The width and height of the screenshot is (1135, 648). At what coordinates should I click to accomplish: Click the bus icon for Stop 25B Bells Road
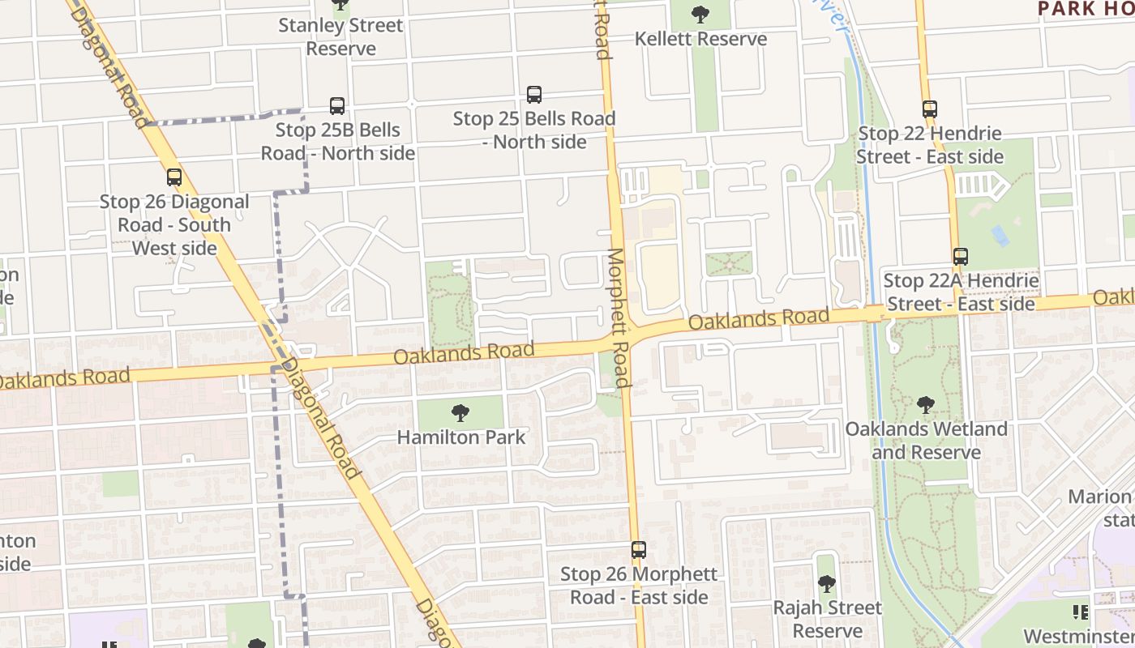tap(337, 106)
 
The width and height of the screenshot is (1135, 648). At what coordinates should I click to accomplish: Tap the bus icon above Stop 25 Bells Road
tap(534, 95)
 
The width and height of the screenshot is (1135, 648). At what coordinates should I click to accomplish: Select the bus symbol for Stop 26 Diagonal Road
tap(174, 177)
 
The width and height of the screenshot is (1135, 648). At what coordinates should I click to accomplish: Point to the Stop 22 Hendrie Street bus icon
tap(930, 109)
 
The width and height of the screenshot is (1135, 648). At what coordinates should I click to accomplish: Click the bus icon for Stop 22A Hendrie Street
tap(961, 257)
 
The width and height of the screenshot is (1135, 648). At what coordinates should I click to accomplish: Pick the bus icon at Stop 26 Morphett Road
tap(639, 550)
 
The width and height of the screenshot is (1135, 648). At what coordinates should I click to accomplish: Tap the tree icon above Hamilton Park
tap(460, 413)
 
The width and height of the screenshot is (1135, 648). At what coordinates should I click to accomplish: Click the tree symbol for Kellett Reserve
tap(700, 15)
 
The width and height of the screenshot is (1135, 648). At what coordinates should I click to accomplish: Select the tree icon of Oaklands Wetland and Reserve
tap(926, 405)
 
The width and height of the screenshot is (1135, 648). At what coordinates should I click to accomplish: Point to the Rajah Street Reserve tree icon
tap(826, 583)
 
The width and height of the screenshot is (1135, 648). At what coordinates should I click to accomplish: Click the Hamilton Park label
tap(460, 437)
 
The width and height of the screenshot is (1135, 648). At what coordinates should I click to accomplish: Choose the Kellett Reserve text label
tap(700, 39)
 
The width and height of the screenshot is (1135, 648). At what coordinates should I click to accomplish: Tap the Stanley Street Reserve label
tap(340, 36)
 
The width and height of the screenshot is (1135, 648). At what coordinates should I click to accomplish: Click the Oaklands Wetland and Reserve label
tap(926, 440)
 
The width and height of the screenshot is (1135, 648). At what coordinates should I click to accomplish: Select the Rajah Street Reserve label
tap(827, 619)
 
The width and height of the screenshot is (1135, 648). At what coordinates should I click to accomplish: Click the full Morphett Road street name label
tap(617, 318)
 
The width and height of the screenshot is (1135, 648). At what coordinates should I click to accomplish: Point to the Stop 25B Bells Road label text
tap(337, 141)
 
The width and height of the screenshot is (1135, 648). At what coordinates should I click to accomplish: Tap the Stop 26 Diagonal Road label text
tap(174, 224)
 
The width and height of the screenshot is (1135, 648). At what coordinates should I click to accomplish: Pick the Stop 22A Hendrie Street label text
tap(961, 292)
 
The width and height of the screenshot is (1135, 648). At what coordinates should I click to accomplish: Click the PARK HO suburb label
tap(1086, 9)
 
